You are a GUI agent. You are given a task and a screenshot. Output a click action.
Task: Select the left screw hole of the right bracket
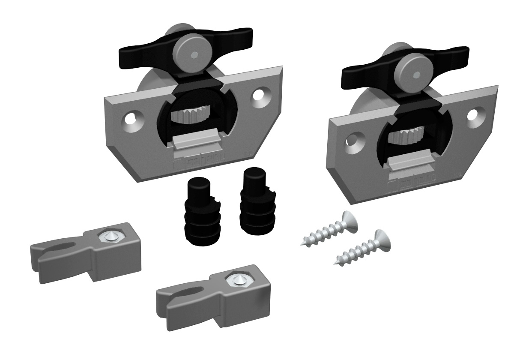point(355,141)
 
